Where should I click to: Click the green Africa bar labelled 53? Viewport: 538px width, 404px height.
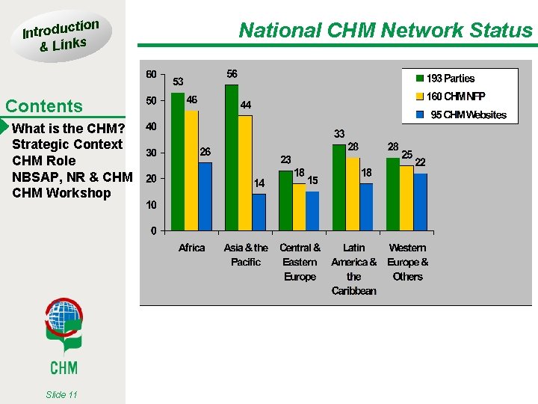pyautogui.click(x=178, y=161)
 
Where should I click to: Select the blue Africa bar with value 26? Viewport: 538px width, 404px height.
pyautogui.click(x=205, y=196)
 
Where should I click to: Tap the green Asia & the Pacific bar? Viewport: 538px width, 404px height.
pyautogui.click(x=232, y=157)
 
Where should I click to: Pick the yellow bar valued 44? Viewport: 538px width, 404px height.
pyautogui.click(x=245, y=172)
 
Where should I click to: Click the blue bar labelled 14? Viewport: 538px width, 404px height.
pyautogui.click(x=259, y=212)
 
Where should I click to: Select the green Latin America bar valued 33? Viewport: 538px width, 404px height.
pyautogui.click(x=339, y=187)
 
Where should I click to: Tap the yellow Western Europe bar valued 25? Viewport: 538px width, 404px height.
pyautogui.click(x=406, y=198)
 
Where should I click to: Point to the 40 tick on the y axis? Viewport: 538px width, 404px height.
pyautogui.click(x=151, y=127)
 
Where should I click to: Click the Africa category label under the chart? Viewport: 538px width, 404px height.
pyautogui.click(x=192, y=248)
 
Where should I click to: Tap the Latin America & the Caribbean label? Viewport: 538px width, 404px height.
pyautogui.click(x=353, y=269)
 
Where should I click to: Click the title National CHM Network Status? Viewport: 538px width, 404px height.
pyautogui.click(x=385, y=30)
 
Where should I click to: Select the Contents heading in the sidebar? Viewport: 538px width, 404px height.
pyautogui.click(x=44, y=106)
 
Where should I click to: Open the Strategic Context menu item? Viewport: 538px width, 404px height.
pyautogui.click(x=67, y=144)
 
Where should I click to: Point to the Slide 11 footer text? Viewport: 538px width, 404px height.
pyautogui.click(x=61, y=394)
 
